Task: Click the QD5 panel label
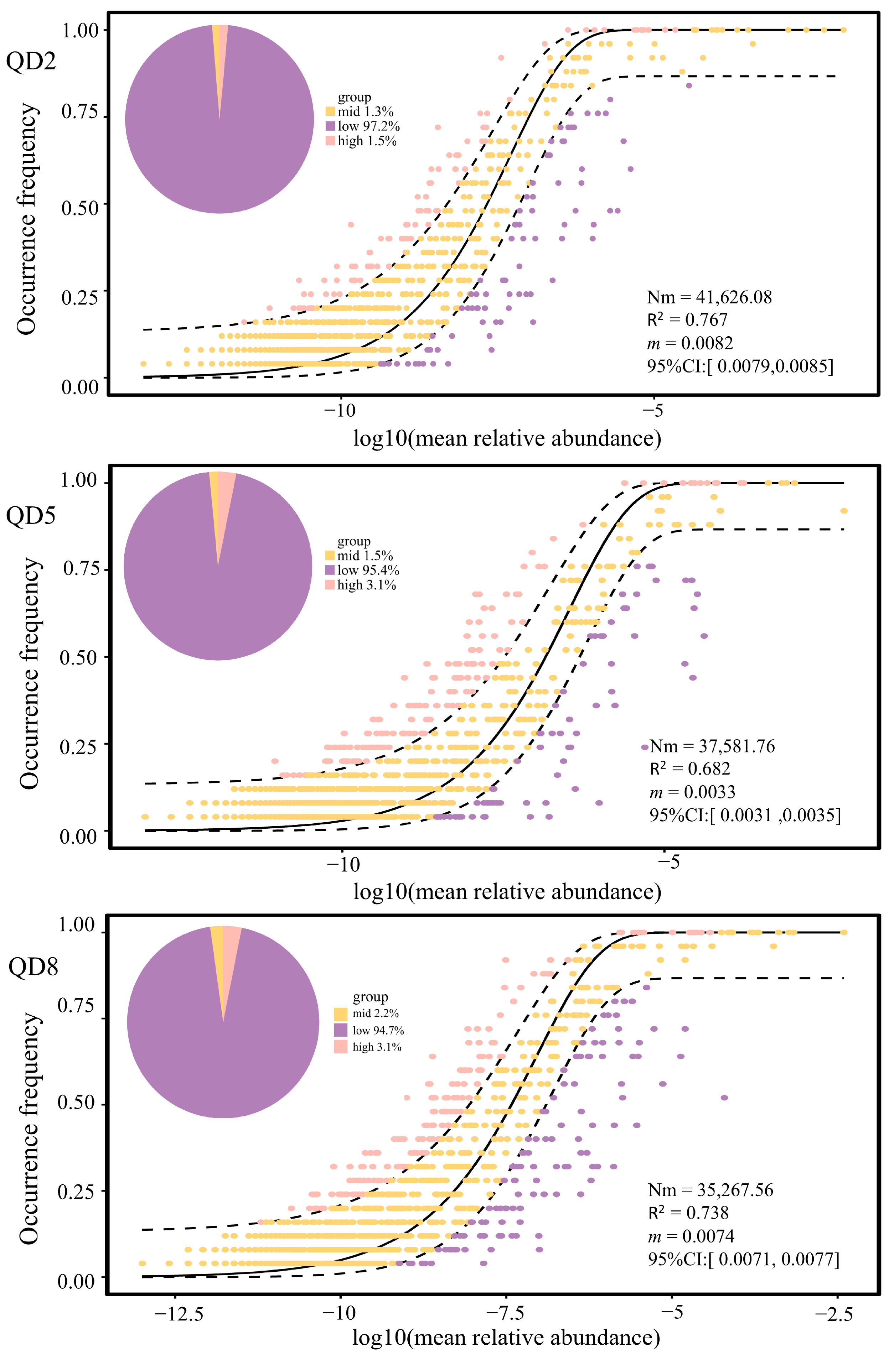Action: (x=31, y=515)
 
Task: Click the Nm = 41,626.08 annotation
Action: (x=709, y=297)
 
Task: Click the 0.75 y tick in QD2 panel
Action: (x=80, y=112)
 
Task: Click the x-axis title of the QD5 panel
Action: (x=507, y=891)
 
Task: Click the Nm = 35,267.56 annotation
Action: (x=710, y=1190)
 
